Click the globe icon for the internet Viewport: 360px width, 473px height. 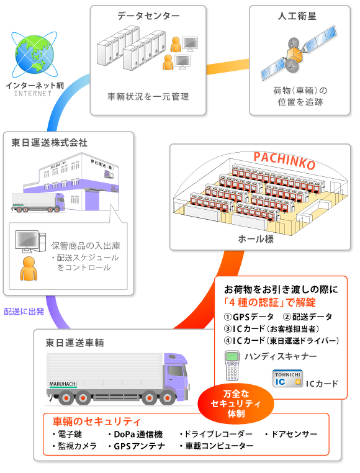(34, 55)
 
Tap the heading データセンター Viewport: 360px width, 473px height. (148, 16)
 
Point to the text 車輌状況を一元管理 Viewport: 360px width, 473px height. (148, 96)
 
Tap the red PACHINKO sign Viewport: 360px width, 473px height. (284, 161)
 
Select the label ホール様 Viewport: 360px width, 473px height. (256, 238)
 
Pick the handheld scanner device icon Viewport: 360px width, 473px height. (232, 366)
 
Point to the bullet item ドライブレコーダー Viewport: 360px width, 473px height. (216, 434)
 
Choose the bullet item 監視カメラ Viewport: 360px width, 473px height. (74, 446)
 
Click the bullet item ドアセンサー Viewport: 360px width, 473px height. (291, 434)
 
